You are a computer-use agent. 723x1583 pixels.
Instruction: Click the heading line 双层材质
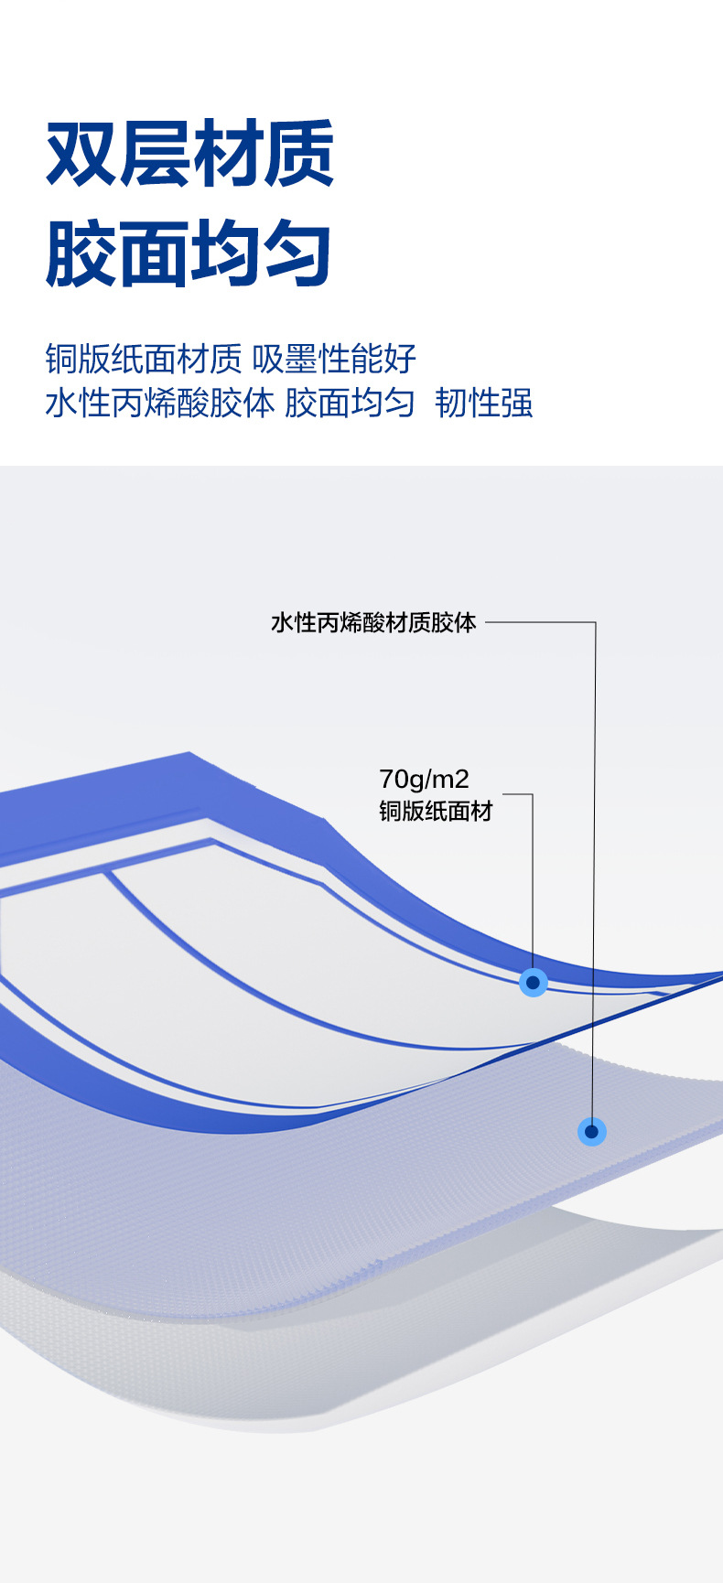190,153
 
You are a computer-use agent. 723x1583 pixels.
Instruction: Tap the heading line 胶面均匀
190,253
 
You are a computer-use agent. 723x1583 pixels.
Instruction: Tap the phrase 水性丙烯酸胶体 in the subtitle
159,403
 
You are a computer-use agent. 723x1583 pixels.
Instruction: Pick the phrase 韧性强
484,403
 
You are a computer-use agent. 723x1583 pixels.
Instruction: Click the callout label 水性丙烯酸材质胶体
373,623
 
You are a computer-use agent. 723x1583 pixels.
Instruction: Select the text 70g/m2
424,780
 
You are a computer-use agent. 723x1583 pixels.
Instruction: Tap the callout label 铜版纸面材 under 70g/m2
436,811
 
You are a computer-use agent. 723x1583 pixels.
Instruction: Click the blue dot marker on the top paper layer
533,983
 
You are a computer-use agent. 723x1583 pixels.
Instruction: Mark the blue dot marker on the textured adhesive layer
592,1132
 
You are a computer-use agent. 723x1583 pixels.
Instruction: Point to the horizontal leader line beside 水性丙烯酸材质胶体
540,623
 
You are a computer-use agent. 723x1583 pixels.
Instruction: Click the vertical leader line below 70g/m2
532,878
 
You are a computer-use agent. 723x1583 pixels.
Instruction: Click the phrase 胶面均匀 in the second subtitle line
350,403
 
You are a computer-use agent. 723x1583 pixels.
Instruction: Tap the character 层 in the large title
155,153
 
